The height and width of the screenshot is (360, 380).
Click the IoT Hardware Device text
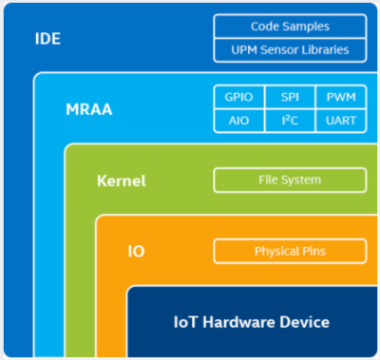click(x=252, y=322)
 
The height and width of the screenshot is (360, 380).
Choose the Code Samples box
click(x=290, y=27)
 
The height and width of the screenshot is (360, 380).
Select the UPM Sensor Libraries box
click(x=290, y=49)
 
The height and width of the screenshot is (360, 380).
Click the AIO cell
click(x=238, y=121)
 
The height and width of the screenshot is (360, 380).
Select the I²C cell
click(x=290, y=121)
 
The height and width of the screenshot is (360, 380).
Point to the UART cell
click(x=340, y=121)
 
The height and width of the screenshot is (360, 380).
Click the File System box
click(x=290, y=180)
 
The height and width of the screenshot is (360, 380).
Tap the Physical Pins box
click(x=290, y=252)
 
